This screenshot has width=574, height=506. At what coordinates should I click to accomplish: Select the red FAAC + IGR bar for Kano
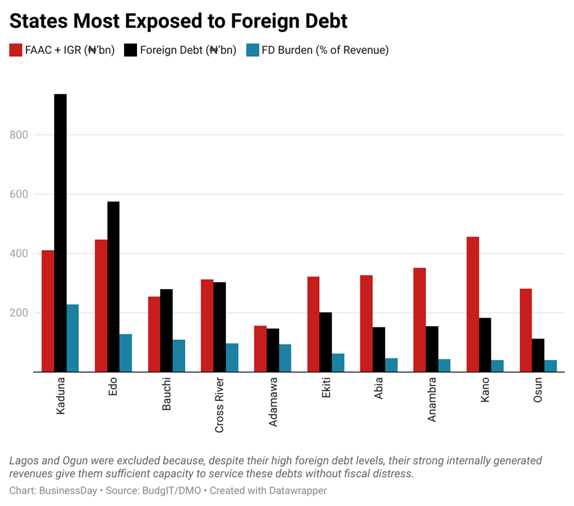pyautogui.click(x=473, y=304)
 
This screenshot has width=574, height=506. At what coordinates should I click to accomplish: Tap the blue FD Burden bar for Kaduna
pyautogui.click(x=73, y=338)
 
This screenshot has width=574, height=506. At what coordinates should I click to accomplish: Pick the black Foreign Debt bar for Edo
pyautogui.click(x=114, y=287)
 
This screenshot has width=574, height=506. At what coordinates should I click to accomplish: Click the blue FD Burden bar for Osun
pyautogui.click(x=551, y=366)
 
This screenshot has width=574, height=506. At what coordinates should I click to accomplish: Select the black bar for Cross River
pyautogui.click(x=220, y=327)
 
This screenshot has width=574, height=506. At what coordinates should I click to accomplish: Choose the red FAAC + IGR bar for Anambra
pyautogui.click(x=420, y=319)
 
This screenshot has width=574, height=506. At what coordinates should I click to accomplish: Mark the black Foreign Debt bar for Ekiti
pyautogui.click(x=326, y=342)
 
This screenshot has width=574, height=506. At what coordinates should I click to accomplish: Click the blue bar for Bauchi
pyautogui.click(x=179, y=356)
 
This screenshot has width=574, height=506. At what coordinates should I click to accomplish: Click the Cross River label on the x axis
pyautogui.click(x=220, y=405)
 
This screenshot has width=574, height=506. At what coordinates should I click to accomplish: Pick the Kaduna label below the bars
pyautogui.click(x=60, y=396)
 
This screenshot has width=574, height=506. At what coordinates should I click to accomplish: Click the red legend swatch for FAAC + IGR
pyautogui.click(x=15, y=50)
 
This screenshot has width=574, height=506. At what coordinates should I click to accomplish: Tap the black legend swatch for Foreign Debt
pyautogui.click(x=130, y=50)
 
